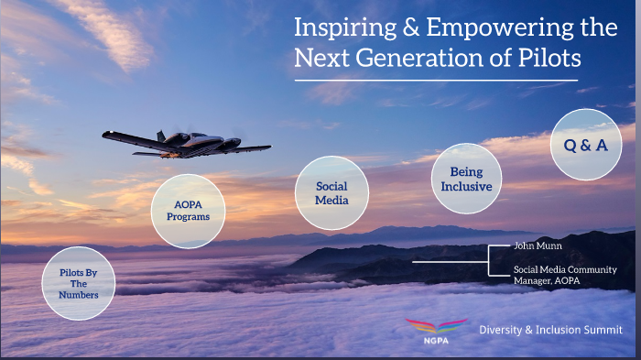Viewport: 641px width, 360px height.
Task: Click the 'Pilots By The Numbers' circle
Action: (x=79, y=283)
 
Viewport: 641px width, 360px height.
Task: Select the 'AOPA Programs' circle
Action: (x=188, y=211)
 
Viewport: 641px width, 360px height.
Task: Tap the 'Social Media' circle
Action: (x=332, y=193)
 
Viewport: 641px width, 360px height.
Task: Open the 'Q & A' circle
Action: (x=585, y=145)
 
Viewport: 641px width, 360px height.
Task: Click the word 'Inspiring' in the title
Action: (x=344, y=27)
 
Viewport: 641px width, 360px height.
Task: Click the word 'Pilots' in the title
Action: (x=550, y=58)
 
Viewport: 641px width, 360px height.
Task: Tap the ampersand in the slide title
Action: (x=410, y=27)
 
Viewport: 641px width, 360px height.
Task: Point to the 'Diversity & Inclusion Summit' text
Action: (x=550, y=330)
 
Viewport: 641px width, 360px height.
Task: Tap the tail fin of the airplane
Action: (x=160, y=136)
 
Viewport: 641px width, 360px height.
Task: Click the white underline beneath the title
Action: (x=435, y=81)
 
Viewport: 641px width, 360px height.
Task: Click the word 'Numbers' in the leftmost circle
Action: (x=80, y=294)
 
